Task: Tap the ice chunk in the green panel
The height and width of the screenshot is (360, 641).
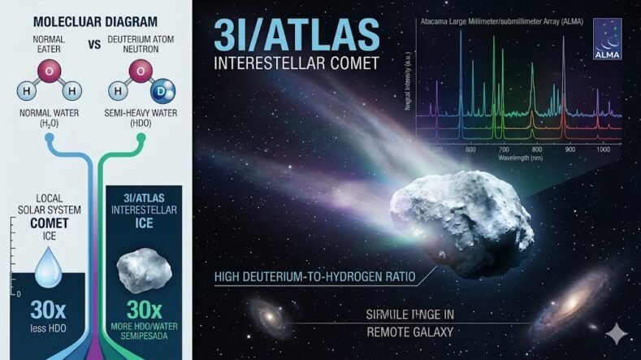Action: pos(141,263)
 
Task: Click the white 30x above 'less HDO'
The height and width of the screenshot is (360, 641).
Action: pos(43,310)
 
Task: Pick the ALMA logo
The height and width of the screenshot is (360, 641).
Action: pos(608,39)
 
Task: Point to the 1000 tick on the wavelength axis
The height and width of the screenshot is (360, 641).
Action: pos(603,150)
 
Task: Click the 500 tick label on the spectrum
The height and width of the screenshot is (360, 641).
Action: pos(437,150)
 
